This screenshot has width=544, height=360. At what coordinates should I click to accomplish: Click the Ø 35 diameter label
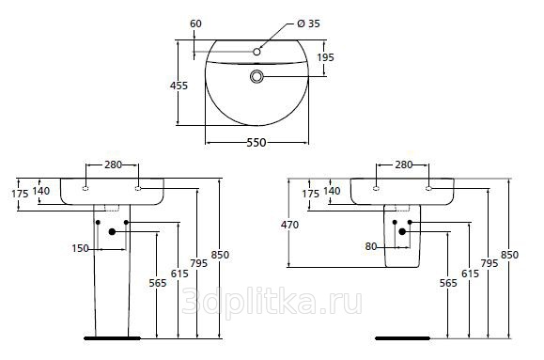click(x=308, y=23)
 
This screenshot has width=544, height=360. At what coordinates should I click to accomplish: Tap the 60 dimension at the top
click(x=195, y=23)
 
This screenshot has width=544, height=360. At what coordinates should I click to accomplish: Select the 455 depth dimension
click(x=179, y=86)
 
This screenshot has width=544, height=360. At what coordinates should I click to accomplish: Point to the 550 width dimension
click(x=256, y=142)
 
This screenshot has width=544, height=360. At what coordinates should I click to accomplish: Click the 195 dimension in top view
click(x=325, y=57)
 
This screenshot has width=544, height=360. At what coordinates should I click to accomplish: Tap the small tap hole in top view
click(x=256, y=52)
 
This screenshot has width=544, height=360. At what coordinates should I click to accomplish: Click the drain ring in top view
click(x=256, y=76)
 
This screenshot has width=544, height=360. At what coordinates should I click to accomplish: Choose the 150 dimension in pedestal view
click(x=80, y=248)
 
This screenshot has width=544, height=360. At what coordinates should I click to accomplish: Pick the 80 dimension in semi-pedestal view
click(x=371, y=246)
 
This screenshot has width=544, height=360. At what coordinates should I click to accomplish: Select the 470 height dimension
click(x=289, y=225)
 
